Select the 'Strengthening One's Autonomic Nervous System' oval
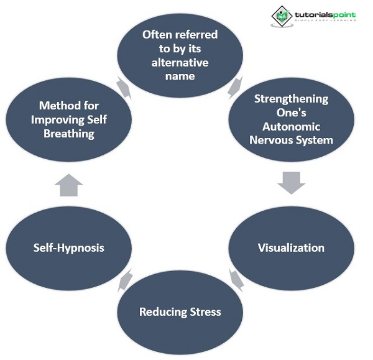click(x=291, y=119)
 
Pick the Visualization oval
click(x=291, y=247)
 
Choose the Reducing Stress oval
click(x=180, y=312)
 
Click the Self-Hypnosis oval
click(x=68, y=247)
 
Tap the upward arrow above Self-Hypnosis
click(x=69, y=185)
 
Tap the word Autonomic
click(x=292, y=126)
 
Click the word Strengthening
click(x=292, y=99)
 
